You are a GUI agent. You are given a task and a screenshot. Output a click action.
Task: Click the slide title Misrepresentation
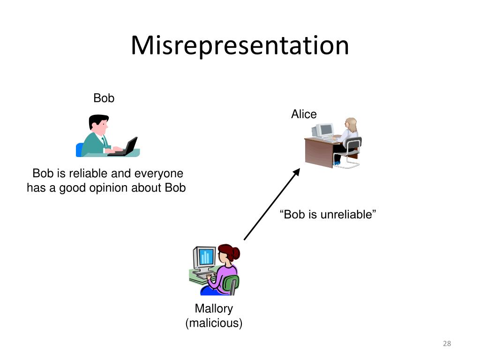(x=240, y=46)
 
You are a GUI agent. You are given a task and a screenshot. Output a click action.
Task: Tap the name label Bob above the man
(x=104, y=98)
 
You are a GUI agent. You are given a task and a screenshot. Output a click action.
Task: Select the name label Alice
(x=304, y=114)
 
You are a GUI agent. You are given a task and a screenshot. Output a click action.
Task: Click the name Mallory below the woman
(x=214, y=308)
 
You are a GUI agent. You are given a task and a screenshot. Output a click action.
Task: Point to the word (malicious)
(x=214, y=323)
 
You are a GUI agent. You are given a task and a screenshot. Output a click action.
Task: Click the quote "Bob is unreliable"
(x=328, y=215)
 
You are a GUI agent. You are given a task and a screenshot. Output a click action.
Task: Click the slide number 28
(x=446, y=344)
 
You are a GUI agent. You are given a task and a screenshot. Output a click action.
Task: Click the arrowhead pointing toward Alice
(x=296, y=172)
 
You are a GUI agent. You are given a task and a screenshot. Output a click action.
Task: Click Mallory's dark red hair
(x=230, y=252)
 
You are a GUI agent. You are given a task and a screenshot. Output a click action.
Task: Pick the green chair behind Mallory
(x=231, y=284)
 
